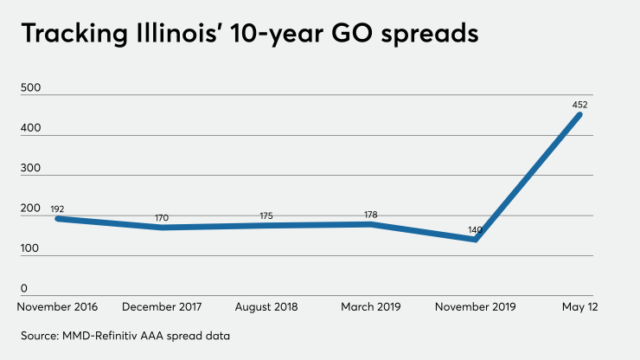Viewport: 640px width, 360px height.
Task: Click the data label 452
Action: coord(579,105)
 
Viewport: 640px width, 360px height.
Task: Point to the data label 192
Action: coord(58,209)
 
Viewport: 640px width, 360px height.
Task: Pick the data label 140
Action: coord(475,230)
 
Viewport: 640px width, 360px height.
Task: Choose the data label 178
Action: coord(370,214)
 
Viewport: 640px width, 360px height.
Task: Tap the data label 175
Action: coord(266,215)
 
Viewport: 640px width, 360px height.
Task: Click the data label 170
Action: coord(162,217)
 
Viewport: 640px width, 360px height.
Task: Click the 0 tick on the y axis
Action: coord(25,288)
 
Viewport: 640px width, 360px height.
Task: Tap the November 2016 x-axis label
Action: coord(58,307)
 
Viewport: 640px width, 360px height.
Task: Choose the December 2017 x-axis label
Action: coord(162,307)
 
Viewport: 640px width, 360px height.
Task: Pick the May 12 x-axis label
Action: coord(579,307)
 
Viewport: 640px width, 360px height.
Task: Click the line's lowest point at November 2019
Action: coord(475,240)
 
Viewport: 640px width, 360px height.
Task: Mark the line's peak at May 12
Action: coord(579,114)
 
